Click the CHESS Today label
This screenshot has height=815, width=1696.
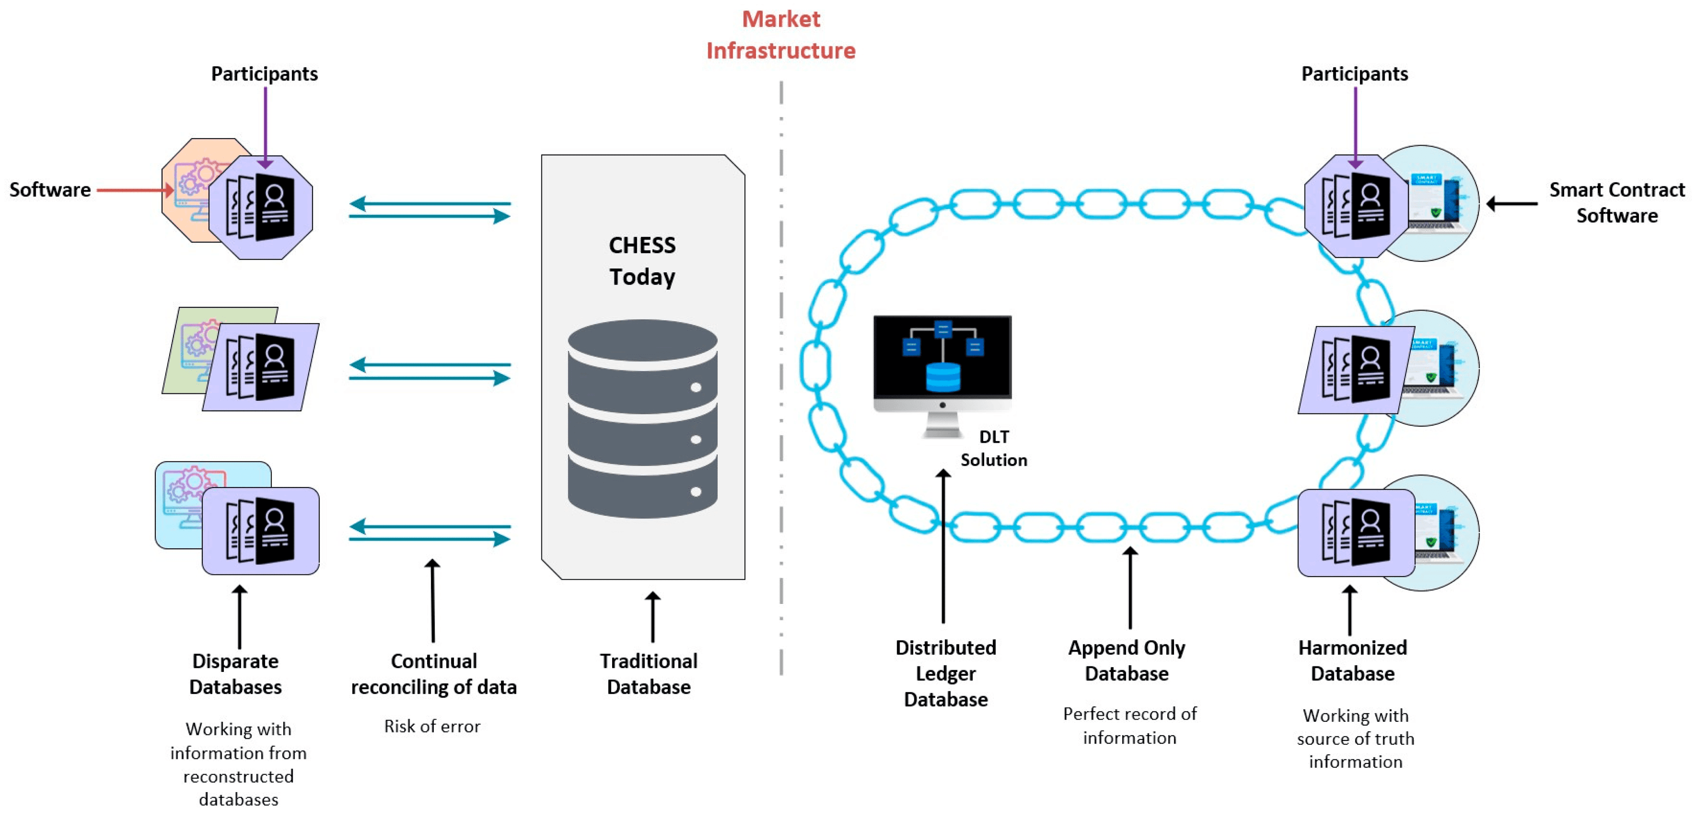[x=642, y=260]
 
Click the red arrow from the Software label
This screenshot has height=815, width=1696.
[x=135, y=190]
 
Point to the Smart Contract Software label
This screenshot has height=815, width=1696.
[x=1616, y=203]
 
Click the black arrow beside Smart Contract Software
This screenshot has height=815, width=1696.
[x=1512, y=204]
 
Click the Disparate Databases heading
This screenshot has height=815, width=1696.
[x=236, y=673]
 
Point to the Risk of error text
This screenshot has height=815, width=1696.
[x=432, y=726]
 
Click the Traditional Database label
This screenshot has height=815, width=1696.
[x=648, y=673]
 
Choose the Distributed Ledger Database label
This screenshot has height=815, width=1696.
[x=946, y=673]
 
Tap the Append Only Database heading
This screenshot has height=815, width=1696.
[x=1127, y=660]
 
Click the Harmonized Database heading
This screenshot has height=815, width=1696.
[x=1352, y=660]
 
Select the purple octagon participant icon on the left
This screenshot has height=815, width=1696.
[x=261, y=208]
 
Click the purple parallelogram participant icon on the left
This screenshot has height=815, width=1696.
[x=261, y=367]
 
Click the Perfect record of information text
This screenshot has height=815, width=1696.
[x=1130, y=725]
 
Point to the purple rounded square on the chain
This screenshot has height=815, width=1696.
[x=1356, y=532]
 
